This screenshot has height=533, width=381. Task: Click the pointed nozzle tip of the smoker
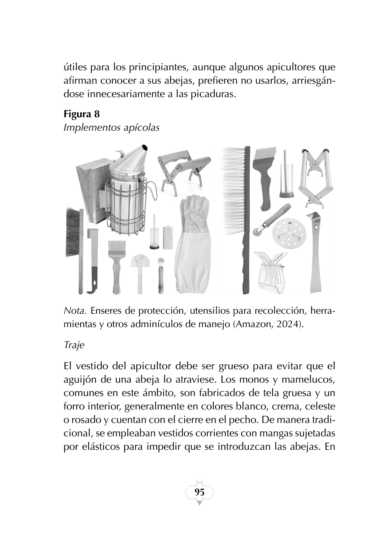click(x=145, y=148)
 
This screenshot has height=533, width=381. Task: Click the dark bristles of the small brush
click(x=72, y=233)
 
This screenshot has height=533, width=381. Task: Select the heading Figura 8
click(x=82, y=114)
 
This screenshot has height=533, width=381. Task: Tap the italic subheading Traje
click(x=74, y=345)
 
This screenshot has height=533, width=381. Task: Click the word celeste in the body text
click(x=320, y=406)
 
